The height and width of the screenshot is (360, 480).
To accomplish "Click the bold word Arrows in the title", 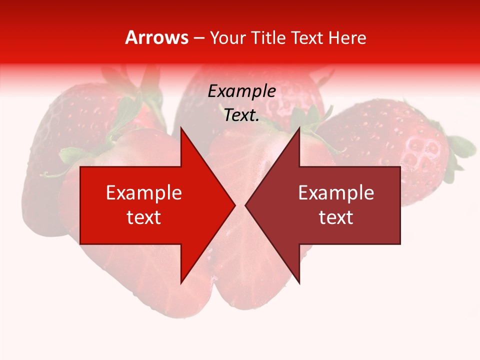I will (157, 37).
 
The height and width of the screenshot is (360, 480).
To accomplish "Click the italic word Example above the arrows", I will (242, 91).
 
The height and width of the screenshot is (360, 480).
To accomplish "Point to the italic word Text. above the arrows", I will (242, 115).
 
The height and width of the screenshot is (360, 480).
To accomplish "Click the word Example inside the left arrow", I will (144, 193).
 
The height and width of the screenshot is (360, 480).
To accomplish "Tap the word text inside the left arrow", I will (144, 217).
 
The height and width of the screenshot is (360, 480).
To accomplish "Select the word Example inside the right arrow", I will (336, 193).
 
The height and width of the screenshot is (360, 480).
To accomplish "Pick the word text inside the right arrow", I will (336, 217).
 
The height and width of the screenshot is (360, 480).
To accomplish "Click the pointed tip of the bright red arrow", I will (234, 205).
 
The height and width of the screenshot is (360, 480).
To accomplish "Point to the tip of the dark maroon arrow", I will (246, 205).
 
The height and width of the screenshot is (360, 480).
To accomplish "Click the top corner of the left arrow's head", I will (181, 128).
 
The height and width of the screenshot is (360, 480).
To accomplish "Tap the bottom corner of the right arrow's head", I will (299, 283).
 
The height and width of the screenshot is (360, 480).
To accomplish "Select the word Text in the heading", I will (304, 37).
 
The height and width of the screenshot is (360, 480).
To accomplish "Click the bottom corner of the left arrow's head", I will (181, 283).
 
